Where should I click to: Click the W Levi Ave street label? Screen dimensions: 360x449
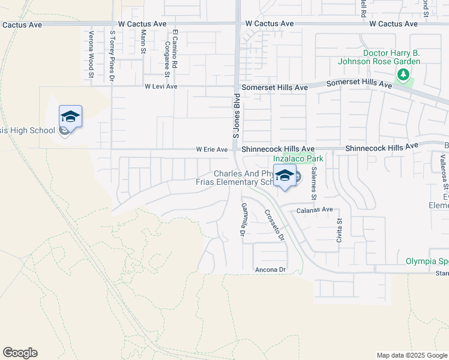pos(161,86)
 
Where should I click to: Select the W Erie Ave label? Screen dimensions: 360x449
pos(212,149)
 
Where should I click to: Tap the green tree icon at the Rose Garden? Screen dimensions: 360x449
pos(404,75)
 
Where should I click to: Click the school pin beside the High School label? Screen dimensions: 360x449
pos(70,116)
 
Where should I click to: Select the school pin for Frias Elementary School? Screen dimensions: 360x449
pos(285,176)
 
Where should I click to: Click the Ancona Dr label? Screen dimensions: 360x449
pos(270,269)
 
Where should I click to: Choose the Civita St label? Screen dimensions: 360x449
pos(339,229)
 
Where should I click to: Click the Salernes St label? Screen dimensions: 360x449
pos(313,183)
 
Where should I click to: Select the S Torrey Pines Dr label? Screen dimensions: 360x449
pos(112,57)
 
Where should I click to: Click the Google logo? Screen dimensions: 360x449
pos(20,353)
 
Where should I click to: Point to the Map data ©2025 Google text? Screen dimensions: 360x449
pos(411,355)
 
